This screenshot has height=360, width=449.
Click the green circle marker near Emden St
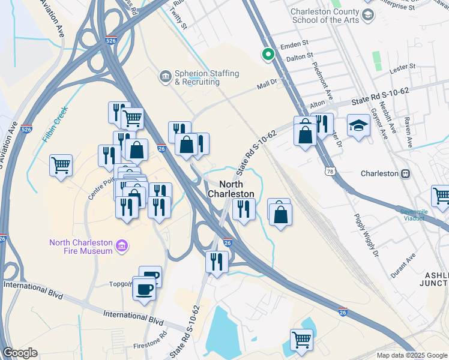tap(268, 55)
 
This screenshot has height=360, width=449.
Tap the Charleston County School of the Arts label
tap(325, 16)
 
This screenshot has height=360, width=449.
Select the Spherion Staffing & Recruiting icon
tap(164, 77)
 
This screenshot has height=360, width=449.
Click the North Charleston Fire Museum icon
tap(122, 246)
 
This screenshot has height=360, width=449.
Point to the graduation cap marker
tap(358, 125)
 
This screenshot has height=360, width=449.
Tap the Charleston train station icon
tap(406, 173)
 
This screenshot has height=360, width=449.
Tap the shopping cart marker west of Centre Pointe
tap(61, 165)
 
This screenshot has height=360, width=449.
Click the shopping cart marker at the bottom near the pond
tap(301, 340)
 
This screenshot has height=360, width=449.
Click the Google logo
tap(20, 353)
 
